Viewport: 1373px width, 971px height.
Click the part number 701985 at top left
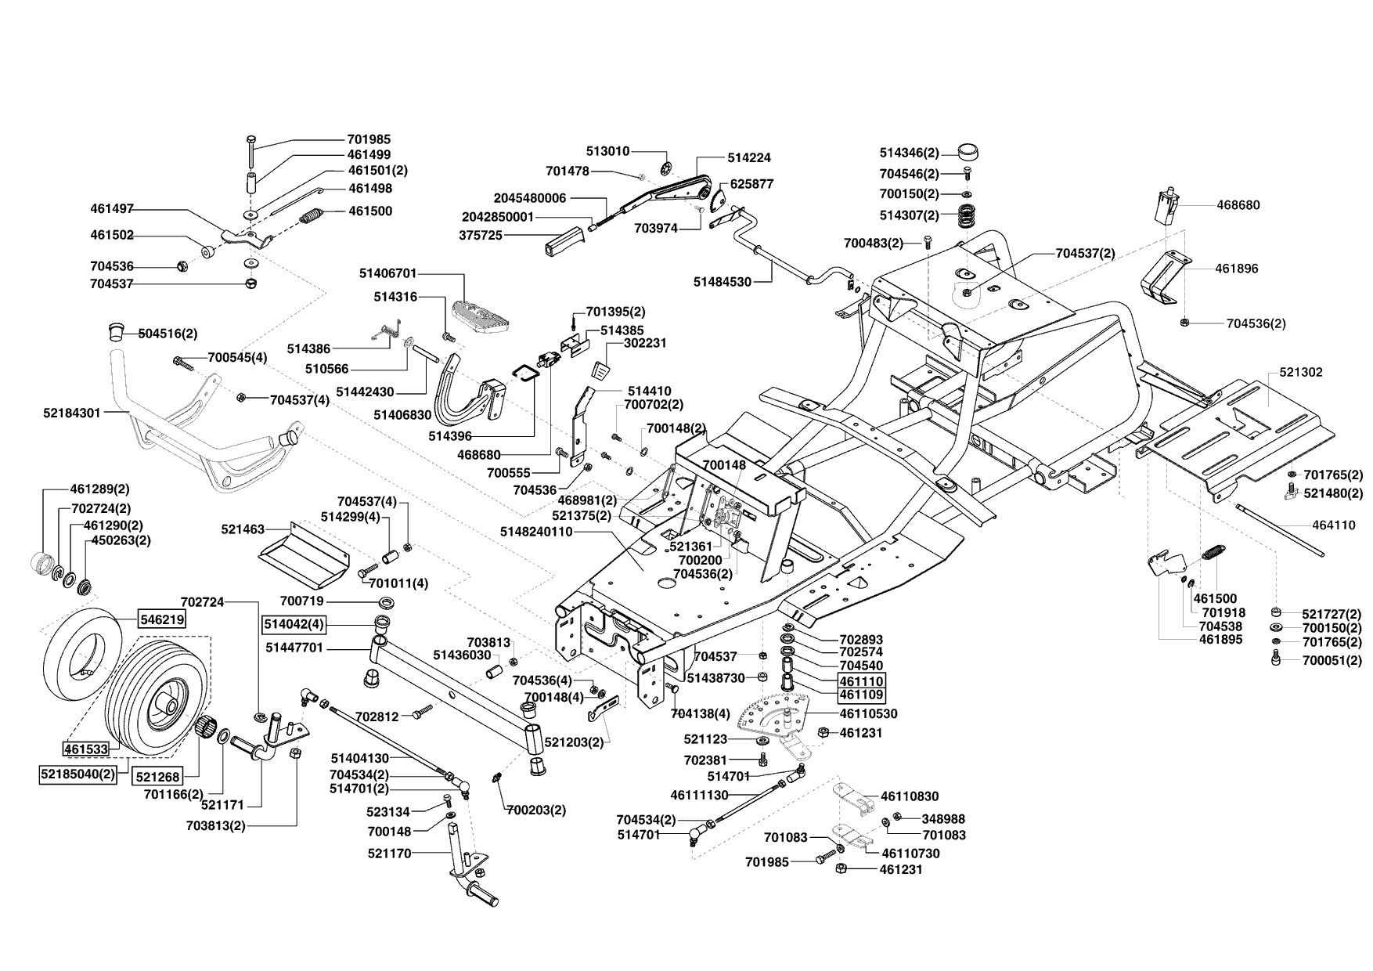tap(369, 139)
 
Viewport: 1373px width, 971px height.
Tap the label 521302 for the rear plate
tap(1301, 372)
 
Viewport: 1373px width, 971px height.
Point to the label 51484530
tap(723, 281)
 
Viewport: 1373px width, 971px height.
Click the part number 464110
tap(1334, 525)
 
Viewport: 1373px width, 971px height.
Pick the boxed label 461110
tap(861, 682)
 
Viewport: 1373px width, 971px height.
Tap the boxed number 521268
tap(157, 777)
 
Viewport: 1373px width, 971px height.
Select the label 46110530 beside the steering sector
tap(869, 714)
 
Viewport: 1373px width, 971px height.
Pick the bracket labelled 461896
tap(1169, 278)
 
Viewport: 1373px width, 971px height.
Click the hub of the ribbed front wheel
tap(167, 703)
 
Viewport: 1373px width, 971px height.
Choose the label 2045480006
tap(530, 198)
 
